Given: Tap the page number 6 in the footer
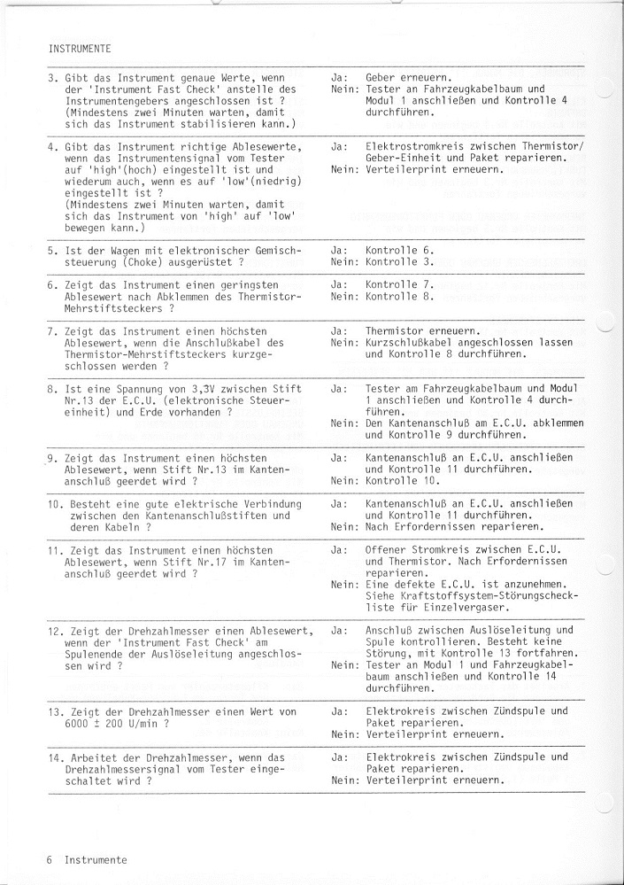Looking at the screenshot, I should pyautogui.click(x=51, y=859).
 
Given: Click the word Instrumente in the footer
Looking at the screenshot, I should pyautogui.click(x=95, y=859).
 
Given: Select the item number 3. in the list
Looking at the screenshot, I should pyautogui.click(x=52, y=78).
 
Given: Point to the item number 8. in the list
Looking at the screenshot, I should pyautogui.click(x=52, y=388).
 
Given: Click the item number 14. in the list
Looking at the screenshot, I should pyautogui.click(x=54, y=757).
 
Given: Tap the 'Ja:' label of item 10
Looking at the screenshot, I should pyautogui.click(x=337, y=503).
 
